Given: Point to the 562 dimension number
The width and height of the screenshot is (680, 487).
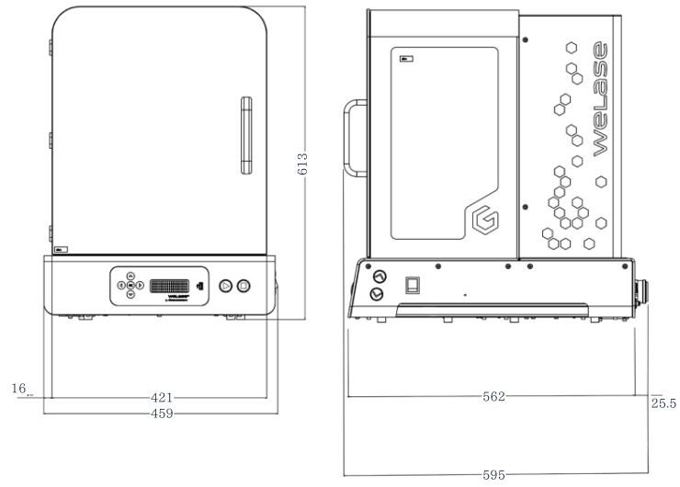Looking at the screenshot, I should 493,397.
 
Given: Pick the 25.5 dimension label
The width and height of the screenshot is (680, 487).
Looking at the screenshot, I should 663,403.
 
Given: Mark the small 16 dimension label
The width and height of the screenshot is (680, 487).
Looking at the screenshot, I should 18,389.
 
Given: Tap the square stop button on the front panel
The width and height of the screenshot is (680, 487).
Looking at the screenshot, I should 244,286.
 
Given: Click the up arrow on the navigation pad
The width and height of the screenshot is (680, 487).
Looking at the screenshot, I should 130,275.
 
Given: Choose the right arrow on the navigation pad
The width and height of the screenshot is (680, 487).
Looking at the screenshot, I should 141,285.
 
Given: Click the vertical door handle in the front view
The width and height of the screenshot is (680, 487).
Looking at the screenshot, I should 245,134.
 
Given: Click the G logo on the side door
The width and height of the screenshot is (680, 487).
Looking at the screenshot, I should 482,220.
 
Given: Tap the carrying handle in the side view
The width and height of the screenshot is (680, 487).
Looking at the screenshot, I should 353,136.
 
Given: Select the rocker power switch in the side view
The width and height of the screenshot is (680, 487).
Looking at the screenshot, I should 413,283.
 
